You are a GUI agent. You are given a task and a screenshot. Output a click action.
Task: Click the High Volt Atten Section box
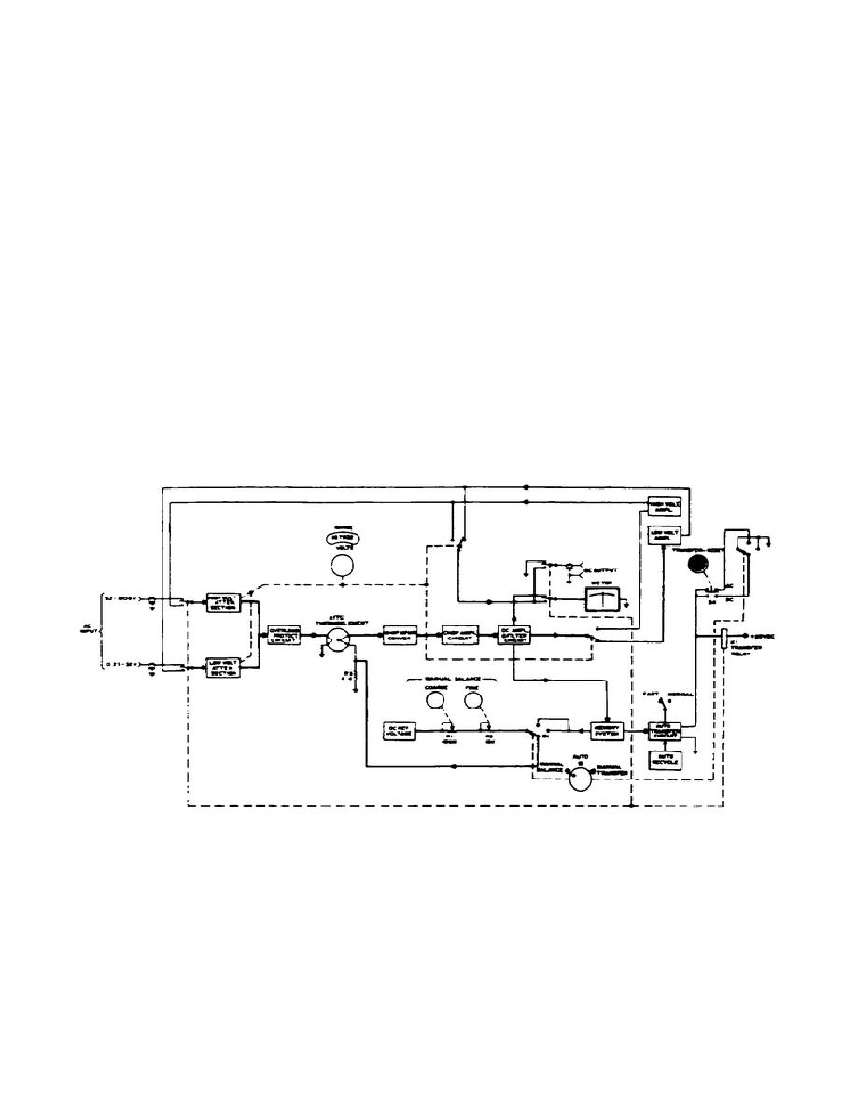pos(224,602)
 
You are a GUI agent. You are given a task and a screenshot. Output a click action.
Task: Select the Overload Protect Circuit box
pos(284,635)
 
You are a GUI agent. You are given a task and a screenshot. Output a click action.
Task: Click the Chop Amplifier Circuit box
pos(459,635)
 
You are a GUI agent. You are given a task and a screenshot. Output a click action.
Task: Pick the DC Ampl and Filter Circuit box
pos(514,635)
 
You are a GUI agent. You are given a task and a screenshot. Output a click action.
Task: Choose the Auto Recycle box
pos(667,761)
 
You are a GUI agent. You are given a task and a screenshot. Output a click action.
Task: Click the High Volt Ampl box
pos(665,505)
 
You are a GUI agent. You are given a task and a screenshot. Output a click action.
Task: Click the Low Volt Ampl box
pos(665,535)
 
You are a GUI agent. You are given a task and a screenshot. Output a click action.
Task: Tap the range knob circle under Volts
pos(343,567)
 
